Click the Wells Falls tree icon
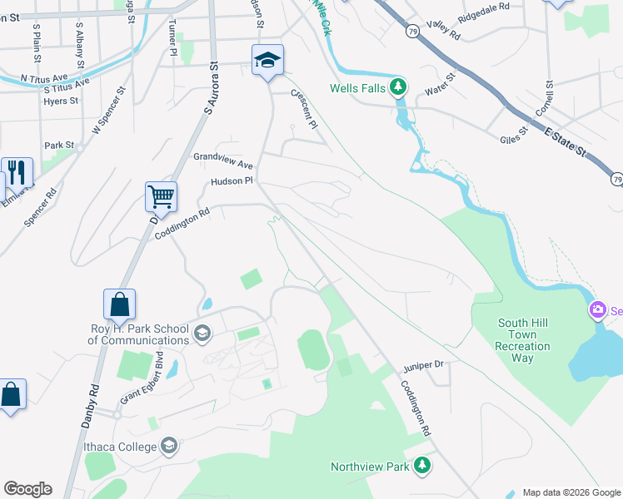point(400,87)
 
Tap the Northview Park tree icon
point(423,467)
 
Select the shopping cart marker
point(161,197)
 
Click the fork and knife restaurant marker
point(17,172)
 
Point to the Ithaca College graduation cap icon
point(170,447)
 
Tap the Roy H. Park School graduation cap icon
point(202,334)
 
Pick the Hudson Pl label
point(231,180)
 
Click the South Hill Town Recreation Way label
point(523,340)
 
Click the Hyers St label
point(61,101)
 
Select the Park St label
point(59,145)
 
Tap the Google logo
point(27,489)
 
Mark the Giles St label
point(513,136)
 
